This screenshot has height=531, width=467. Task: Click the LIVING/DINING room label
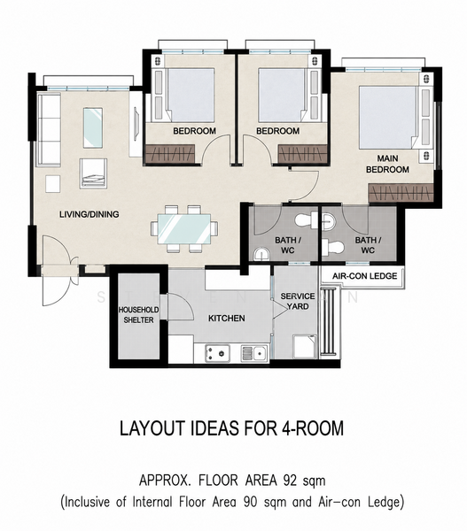[x=90, y=214]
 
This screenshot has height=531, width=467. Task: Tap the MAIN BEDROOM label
[x=387, y=164]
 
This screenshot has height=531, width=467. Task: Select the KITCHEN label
[x=227, y=319]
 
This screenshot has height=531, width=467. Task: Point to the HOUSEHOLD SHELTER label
[x=138, y=315]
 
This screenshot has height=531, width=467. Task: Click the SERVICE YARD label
[x=298, y=302]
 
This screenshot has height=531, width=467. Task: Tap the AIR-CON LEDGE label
[x=364, y=276]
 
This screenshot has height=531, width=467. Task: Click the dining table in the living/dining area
[x=184, y=228]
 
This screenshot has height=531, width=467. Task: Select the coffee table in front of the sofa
[x=93, y=127]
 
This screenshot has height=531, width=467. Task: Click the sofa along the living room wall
[x=49, y=130]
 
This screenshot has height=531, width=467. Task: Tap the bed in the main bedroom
[x=388, y=117]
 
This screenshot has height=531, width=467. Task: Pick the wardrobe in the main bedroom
[x=401, y=193]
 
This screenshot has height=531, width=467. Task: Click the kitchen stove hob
[x=217, y=353]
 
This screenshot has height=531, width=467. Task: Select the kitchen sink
[x=254, y=353]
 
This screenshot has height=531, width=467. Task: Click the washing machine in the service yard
[x=305, y=346]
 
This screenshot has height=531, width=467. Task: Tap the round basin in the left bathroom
[x=261, y=254]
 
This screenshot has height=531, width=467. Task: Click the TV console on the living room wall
[x=136, y=122]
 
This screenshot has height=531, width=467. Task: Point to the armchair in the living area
[x=93, y=173]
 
